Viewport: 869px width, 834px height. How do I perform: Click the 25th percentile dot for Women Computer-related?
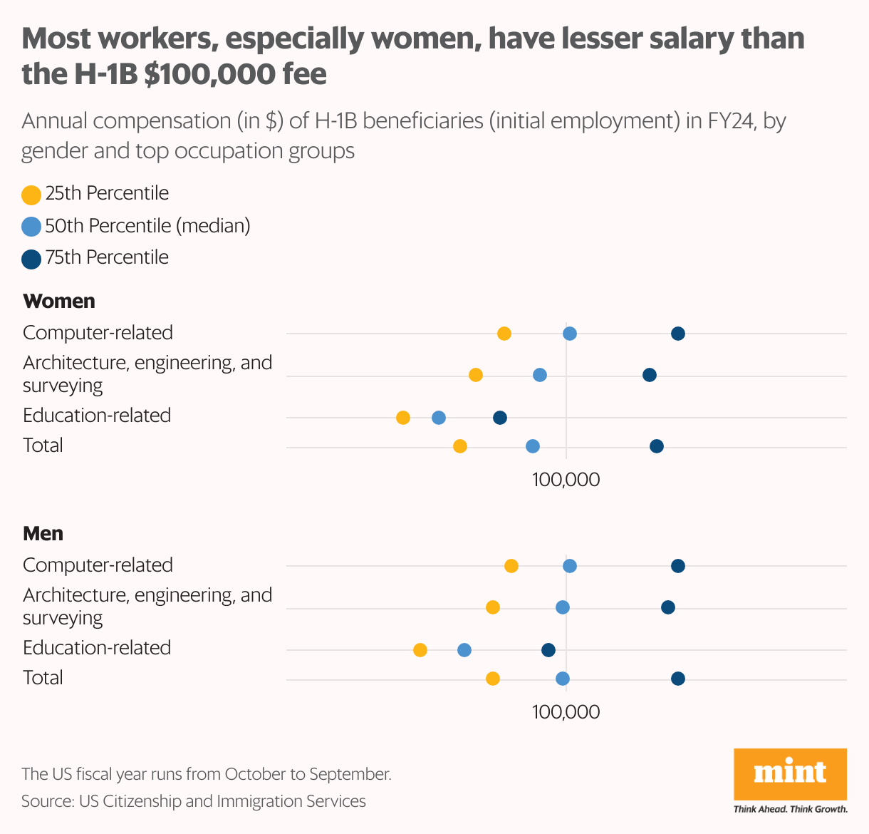pyautogui.click(x=504, y=334)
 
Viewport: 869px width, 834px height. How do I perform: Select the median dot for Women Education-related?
pyautogui.click(x=439, y=418)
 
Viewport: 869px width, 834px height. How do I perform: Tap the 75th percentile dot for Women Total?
pyautogui.click(x=657, y=446)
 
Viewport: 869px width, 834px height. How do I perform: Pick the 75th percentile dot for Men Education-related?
pyautogui.click(x=548, y=650)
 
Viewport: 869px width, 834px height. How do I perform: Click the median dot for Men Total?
pyautogui.click(x=563, y=679)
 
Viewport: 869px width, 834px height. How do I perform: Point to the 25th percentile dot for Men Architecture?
pyautogui.click(x=493, y=607)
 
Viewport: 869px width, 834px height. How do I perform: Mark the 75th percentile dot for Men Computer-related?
pyautogui.click(x=678, y=566)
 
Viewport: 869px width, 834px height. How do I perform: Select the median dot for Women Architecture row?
pyautogui.click(x=540, y=375)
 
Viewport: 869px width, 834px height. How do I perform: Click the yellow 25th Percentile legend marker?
pyautogui.click(x=31, y=195)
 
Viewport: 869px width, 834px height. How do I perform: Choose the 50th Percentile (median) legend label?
pyautogui.click(x=147, y=226)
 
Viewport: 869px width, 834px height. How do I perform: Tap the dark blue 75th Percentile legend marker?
pyautogui.click(x=31, y=259)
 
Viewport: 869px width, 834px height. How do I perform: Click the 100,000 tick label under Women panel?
pyautogui.click(x=566, y=480)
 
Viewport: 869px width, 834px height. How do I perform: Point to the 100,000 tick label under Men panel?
pyautogui.click(x=566, y=712)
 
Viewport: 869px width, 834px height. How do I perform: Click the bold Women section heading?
pyautogui.click(x=59, y=301)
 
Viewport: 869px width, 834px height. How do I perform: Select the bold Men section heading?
pyautogui.click(x=43, y=533)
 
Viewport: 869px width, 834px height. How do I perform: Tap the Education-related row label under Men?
pyautogui.click(x=97, y=647)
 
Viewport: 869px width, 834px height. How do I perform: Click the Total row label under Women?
pyautogui.click(x=43, y=446)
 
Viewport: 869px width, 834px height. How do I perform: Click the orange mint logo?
pyautogui.click(x=790, y=773)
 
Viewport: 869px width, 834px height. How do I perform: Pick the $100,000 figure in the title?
pyautogui.click(x=235, y=73)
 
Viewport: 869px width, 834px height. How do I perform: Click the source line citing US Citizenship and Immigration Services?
pyautogui.click(x=194, y=801)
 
